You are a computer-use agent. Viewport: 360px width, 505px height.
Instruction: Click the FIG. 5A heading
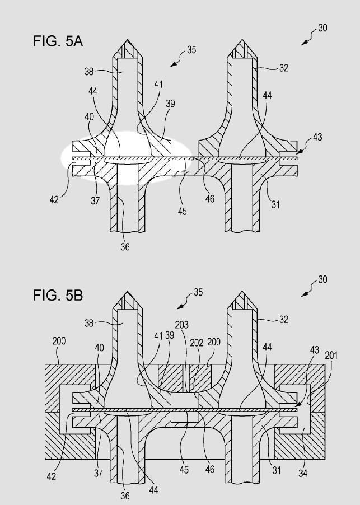(58, 41)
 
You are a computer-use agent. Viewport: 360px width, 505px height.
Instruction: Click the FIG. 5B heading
(58, 295)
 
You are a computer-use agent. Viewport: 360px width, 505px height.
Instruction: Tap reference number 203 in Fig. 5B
(182, 325)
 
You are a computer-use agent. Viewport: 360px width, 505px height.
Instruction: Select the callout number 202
(197, 343)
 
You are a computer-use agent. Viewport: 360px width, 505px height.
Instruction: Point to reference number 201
(331, 354)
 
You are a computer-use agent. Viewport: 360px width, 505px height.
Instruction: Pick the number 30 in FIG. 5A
(322, 27)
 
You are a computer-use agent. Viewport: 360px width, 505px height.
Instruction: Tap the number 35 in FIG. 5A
(191, 50)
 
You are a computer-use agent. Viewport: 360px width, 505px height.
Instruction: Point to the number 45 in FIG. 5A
(183, 211)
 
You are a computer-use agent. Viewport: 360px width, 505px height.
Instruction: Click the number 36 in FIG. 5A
(124, 246)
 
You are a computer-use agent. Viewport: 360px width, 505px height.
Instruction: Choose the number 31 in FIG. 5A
(275, 205)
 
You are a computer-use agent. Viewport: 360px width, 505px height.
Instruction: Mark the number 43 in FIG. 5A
(317, 137)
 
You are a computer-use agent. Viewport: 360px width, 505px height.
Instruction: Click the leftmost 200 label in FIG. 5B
(60, 340)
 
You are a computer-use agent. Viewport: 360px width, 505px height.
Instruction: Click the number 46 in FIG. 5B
(210, 469)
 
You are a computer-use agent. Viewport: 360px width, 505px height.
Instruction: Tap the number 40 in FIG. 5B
(100, 348)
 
